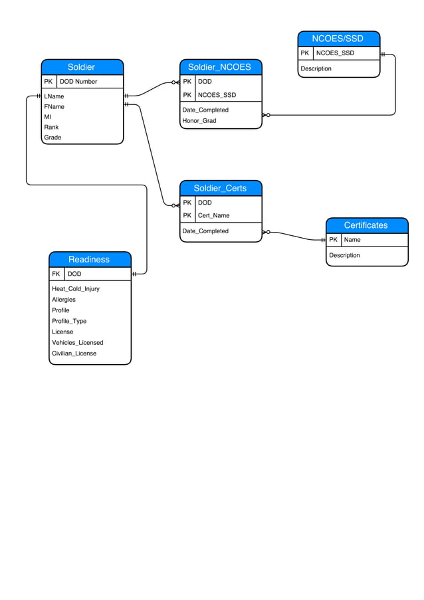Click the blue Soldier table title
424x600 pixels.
81,67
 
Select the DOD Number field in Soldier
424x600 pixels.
78,82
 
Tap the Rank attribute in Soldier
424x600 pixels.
51,127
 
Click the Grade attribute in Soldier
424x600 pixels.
53,138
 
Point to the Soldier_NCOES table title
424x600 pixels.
219,67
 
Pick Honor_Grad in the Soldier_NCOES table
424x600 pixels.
199,121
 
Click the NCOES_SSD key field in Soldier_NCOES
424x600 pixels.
217,95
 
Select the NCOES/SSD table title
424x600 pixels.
338,39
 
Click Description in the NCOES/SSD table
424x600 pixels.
316,68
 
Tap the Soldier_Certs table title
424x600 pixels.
220,188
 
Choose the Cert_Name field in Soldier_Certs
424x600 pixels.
213,215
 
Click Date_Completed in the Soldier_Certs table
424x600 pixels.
205,231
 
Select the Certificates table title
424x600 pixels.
366,225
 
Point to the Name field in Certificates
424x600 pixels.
352,240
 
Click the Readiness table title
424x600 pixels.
89,259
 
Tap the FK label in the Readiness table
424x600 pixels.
56,274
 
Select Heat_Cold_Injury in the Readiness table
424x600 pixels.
76,289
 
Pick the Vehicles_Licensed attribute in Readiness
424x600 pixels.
78,343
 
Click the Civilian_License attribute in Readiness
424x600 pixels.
74,353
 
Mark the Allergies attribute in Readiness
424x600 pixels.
64,300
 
